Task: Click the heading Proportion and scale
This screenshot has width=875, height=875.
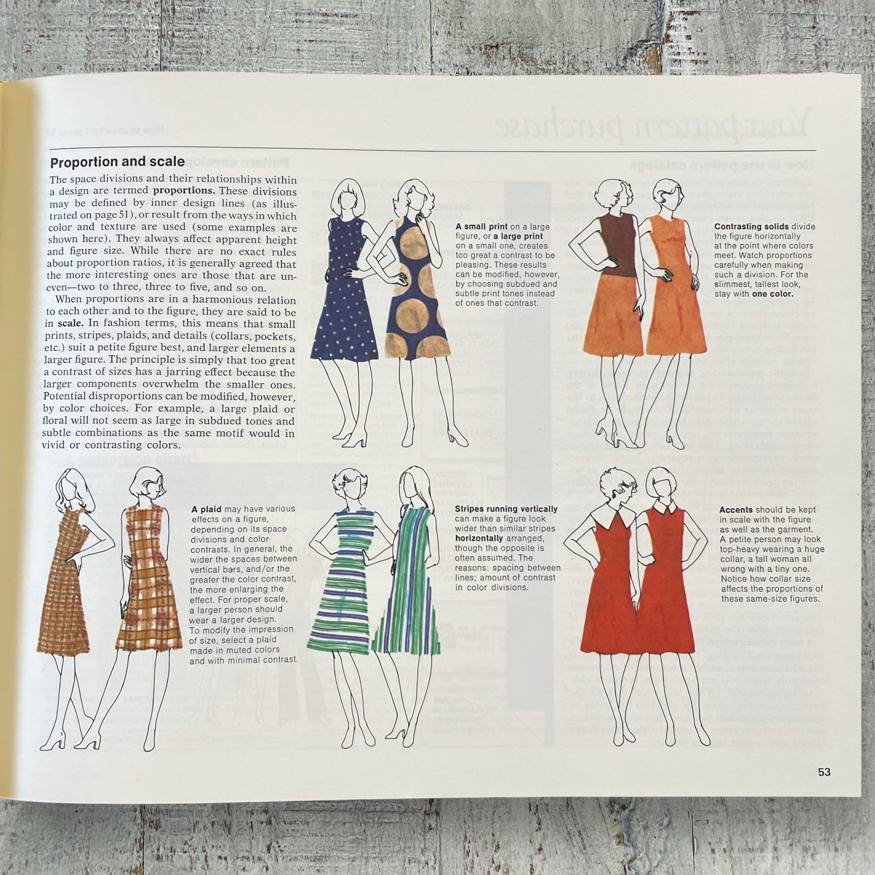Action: click(117, 162)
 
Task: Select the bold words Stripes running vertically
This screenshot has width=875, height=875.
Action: click(506, 509)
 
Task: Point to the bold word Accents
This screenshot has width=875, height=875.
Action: click(735, 510)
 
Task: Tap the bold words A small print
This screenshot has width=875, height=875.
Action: click(482, 227)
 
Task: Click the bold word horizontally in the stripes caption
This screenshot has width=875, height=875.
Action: click(479, 538)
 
